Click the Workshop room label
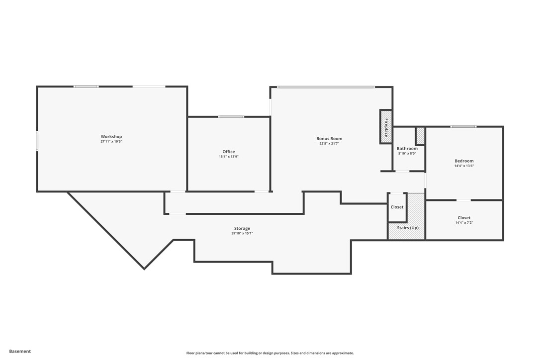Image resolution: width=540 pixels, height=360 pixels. pyautogui.click(x=111, y=137)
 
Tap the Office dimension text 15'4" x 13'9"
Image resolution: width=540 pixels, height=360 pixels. pyautogui.click(x=229, y=157)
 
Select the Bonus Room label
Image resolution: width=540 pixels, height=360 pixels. pyautogui.click(x=329, y=139)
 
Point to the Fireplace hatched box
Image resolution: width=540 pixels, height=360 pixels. pyautogui.click(x=386, y=127)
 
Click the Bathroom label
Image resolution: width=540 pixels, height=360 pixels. pyautogui.click(x=407, y=149)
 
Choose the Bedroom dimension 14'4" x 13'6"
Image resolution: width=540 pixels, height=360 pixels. pyautogui.click(x=464, y=166)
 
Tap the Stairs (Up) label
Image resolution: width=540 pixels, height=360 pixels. pyautogui.click(x=407, y=228)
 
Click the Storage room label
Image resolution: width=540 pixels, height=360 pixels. pyautogui.click(x=242, y=229)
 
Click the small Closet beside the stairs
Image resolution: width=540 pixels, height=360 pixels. pyautogui.click(x=397, y=207)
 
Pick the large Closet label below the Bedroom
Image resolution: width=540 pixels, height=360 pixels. pyautogui.click(x=464, y=218)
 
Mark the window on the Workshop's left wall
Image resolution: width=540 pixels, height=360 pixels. pyautogui.click(x=37, y=141)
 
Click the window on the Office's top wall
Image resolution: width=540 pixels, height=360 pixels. pyautogui.click(x=231, y=117)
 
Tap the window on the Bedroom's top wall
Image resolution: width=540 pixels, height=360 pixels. pyautogui.click(x=463, y=126)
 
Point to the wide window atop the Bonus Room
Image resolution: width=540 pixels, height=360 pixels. pyautogui.click(x=326, y=87)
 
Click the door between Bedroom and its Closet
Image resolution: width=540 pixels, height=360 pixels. pyautogui.click(x=463, y=200)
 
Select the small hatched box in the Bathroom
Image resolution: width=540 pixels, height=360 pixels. pyautogui.click(x=420, y=136)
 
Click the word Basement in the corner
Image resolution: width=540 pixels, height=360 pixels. pyautogui.click(x=20, y=351)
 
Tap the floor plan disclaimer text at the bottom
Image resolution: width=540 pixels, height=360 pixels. pyautogui.click(x=270, y=353)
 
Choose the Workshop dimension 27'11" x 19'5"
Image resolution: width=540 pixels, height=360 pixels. pyautogui.click(x=111, y=142)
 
